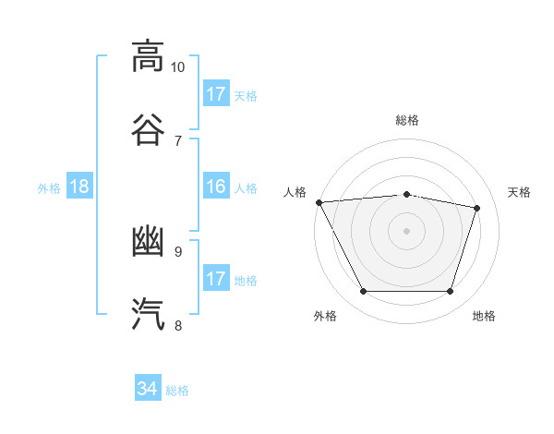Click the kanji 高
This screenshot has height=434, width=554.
[148, 56]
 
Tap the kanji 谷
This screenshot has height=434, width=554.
[148, 130]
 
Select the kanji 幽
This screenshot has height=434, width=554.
[148, 241]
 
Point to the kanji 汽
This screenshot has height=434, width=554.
[148, 314]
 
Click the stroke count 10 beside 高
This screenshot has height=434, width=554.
[177, 67]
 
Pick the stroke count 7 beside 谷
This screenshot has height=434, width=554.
[178, 141]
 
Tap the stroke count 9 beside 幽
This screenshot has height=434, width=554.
[178, 252]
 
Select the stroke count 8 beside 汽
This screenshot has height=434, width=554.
[178, 325]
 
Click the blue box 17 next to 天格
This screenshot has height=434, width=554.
[216, 93]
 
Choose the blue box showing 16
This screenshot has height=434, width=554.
[216, 186]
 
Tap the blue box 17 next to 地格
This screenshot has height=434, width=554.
[216, 277]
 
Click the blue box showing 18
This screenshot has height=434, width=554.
[79, 186]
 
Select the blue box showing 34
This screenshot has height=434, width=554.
[148, 387]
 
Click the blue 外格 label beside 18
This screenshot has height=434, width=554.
[49, 188]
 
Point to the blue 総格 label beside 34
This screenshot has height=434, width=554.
[177, 391]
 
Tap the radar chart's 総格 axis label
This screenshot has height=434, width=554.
[407, 120]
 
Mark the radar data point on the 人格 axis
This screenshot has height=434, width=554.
[319, 202]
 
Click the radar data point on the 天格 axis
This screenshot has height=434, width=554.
[476, 208]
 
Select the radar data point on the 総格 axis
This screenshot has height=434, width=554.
[406, 195]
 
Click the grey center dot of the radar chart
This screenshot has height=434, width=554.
[406, 231]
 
